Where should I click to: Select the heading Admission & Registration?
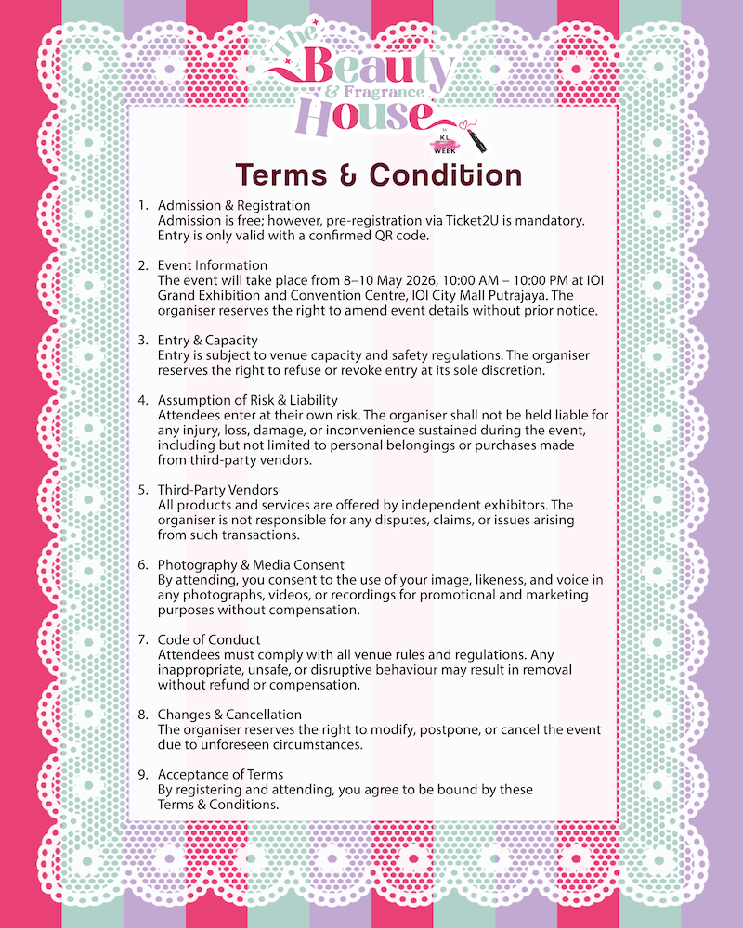234,205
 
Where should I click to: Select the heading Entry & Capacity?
208,341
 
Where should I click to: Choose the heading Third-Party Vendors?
217,490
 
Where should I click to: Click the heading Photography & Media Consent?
251,565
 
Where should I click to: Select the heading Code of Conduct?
209,640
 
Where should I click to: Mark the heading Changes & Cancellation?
229,715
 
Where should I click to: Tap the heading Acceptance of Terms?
221,775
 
